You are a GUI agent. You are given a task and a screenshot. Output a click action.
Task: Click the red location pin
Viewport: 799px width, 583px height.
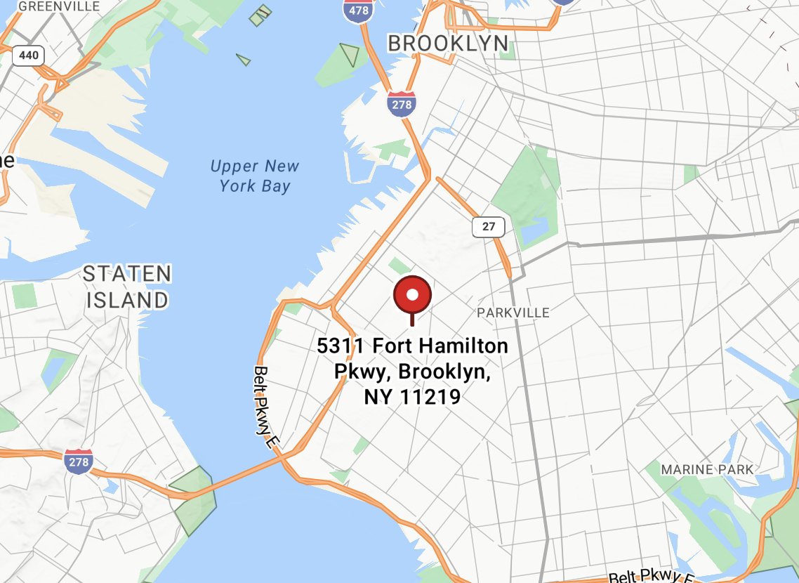pyautogui.click(x=412, y=295)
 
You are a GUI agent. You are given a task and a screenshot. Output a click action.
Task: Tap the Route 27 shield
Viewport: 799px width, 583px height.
pyautogui.click(x=489, y=227)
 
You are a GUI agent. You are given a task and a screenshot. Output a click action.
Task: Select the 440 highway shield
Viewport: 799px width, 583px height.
pyautogui.click(x=29, y=55)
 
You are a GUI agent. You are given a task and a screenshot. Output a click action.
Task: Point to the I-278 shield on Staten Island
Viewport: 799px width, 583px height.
pyautogui.click(x=77, y=461)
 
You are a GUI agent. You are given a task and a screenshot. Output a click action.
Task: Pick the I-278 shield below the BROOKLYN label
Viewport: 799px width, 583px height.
pyautogui.click(x=401, y=105)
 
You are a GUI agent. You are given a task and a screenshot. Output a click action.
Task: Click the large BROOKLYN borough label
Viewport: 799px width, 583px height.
pyautogui.click(x=448, y=44)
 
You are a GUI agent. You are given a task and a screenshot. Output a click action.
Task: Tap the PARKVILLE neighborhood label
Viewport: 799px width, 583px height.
pyautogui.click(x=513, y=313)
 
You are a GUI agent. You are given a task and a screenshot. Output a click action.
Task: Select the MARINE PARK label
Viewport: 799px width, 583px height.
pyautogui.click(x=707, y=469)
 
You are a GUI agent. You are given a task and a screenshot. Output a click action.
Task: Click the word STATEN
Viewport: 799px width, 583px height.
pyautogui.click(x=127, y=274)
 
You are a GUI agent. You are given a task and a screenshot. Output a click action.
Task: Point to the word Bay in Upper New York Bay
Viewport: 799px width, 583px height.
pyautogui.click(x=274, y=186)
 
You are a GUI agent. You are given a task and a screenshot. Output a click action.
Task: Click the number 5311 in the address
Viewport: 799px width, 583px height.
pyautogui.click(x=342, y=346)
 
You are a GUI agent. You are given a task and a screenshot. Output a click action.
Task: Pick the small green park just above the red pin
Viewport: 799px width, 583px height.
pyautogui.click(x=399, y=266)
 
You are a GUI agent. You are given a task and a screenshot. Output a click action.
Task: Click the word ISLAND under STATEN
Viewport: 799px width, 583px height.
pyautogui.click(x=127, y=301)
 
